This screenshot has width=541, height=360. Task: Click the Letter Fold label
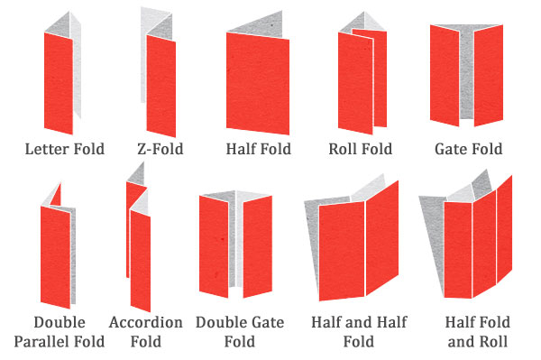click(x=65, y=149)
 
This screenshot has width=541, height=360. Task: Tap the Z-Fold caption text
click(x=160, y=149)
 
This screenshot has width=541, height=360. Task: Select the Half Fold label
click(x=259, y=149)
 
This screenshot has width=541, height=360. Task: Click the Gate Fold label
click(x=468, y=149)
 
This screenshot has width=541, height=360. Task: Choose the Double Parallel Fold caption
click(x=60, y=332)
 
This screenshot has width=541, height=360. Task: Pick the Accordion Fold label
click(x=146, y=332)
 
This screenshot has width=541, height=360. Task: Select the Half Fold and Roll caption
click(x=478, y=332)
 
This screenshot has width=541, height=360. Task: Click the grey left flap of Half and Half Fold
click(x=314, y=244)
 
